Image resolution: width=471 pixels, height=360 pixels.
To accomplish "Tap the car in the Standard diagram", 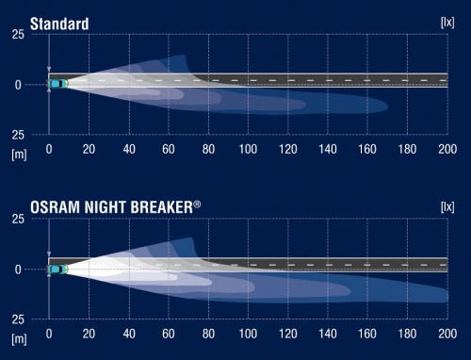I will pyautogui.click(x=58, y=84).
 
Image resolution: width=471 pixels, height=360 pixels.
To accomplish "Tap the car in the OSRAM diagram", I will pyautogui.click(x=58, y=269).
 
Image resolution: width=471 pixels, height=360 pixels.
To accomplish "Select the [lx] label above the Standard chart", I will pyautogui.click(x=448, y=21).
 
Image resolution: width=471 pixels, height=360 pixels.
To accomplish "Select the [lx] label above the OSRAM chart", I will pyautogui.click(x=448, y=205).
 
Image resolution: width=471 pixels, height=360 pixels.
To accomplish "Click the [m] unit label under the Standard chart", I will pyautogui.click(x=18, y=152).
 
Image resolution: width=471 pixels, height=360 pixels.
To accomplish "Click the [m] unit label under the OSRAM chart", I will pyautogui.click(x=18, y=336).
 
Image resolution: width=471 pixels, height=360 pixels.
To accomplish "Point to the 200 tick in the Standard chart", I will pyautogui.click(x=447, y=149).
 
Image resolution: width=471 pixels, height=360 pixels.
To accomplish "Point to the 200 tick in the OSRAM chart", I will pyautogui.click(x=447, y=334).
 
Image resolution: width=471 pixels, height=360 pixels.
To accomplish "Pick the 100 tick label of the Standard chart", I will pyautogui.click(x=248, y=149).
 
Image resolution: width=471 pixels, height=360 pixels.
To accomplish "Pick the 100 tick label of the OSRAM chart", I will pyautogui.click(x=248, y=334).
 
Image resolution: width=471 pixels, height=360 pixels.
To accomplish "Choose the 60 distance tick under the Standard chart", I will pyautogui.click(x=169, y=149).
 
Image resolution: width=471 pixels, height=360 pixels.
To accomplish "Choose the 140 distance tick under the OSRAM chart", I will pyautogui.click(x=328, y=334).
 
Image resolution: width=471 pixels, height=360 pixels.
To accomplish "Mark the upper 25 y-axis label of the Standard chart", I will pyautogui.click(x=17, y=35).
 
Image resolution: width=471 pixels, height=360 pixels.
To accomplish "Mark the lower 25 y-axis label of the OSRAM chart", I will pyautogui.click(x=17, y=319).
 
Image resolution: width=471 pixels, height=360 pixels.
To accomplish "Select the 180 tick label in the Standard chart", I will pyautogui.click(x=407, y=149).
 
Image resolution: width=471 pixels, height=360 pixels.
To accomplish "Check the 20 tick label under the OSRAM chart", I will pyautogui.click(x=89, y=334).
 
